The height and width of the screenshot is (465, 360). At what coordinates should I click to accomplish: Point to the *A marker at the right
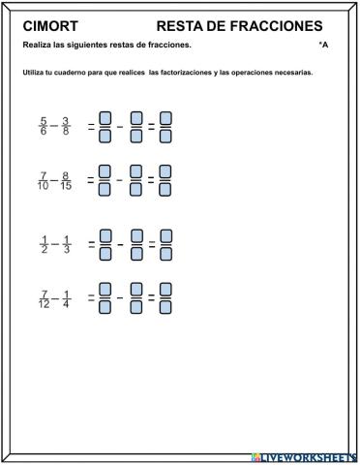click(323, 46)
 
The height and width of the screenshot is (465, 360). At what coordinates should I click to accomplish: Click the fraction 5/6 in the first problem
click(43, 127)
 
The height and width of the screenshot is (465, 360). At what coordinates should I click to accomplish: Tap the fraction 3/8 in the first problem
click(66, 127)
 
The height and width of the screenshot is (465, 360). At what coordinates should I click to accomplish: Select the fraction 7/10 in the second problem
click(43, 180)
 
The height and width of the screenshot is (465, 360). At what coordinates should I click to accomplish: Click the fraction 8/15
click(66, 180)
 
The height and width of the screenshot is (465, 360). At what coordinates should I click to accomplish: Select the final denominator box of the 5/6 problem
click(165, 136)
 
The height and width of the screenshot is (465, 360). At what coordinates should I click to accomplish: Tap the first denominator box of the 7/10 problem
click(105, 189)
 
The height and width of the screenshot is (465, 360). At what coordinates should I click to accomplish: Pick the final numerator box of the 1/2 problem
click(165, 236)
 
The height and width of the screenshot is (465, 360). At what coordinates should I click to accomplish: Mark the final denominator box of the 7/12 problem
click(165, 307)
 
